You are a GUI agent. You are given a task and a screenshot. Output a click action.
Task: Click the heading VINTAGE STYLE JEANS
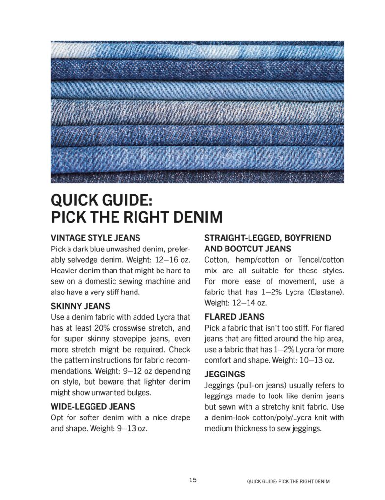pos(95,238)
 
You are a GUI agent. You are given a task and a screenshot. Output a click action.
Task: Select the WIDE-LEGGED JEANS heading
pos(93,406)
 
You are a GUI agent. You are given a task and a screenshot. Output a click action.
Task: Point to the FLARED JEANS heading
pos(234,317)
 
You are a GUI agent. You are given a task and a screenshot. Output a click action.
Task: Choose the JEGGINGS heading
pos(225,375)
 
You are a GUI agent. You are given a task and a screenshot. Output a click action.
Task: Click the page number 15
pos(193,480)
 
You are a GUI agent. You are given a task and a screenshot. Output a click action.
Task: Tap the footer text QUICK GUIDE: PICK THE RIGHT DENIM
pos(288,481)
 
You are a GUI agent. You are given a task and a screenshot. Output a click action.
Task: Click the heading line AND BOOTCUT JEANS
pos(248,249)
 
